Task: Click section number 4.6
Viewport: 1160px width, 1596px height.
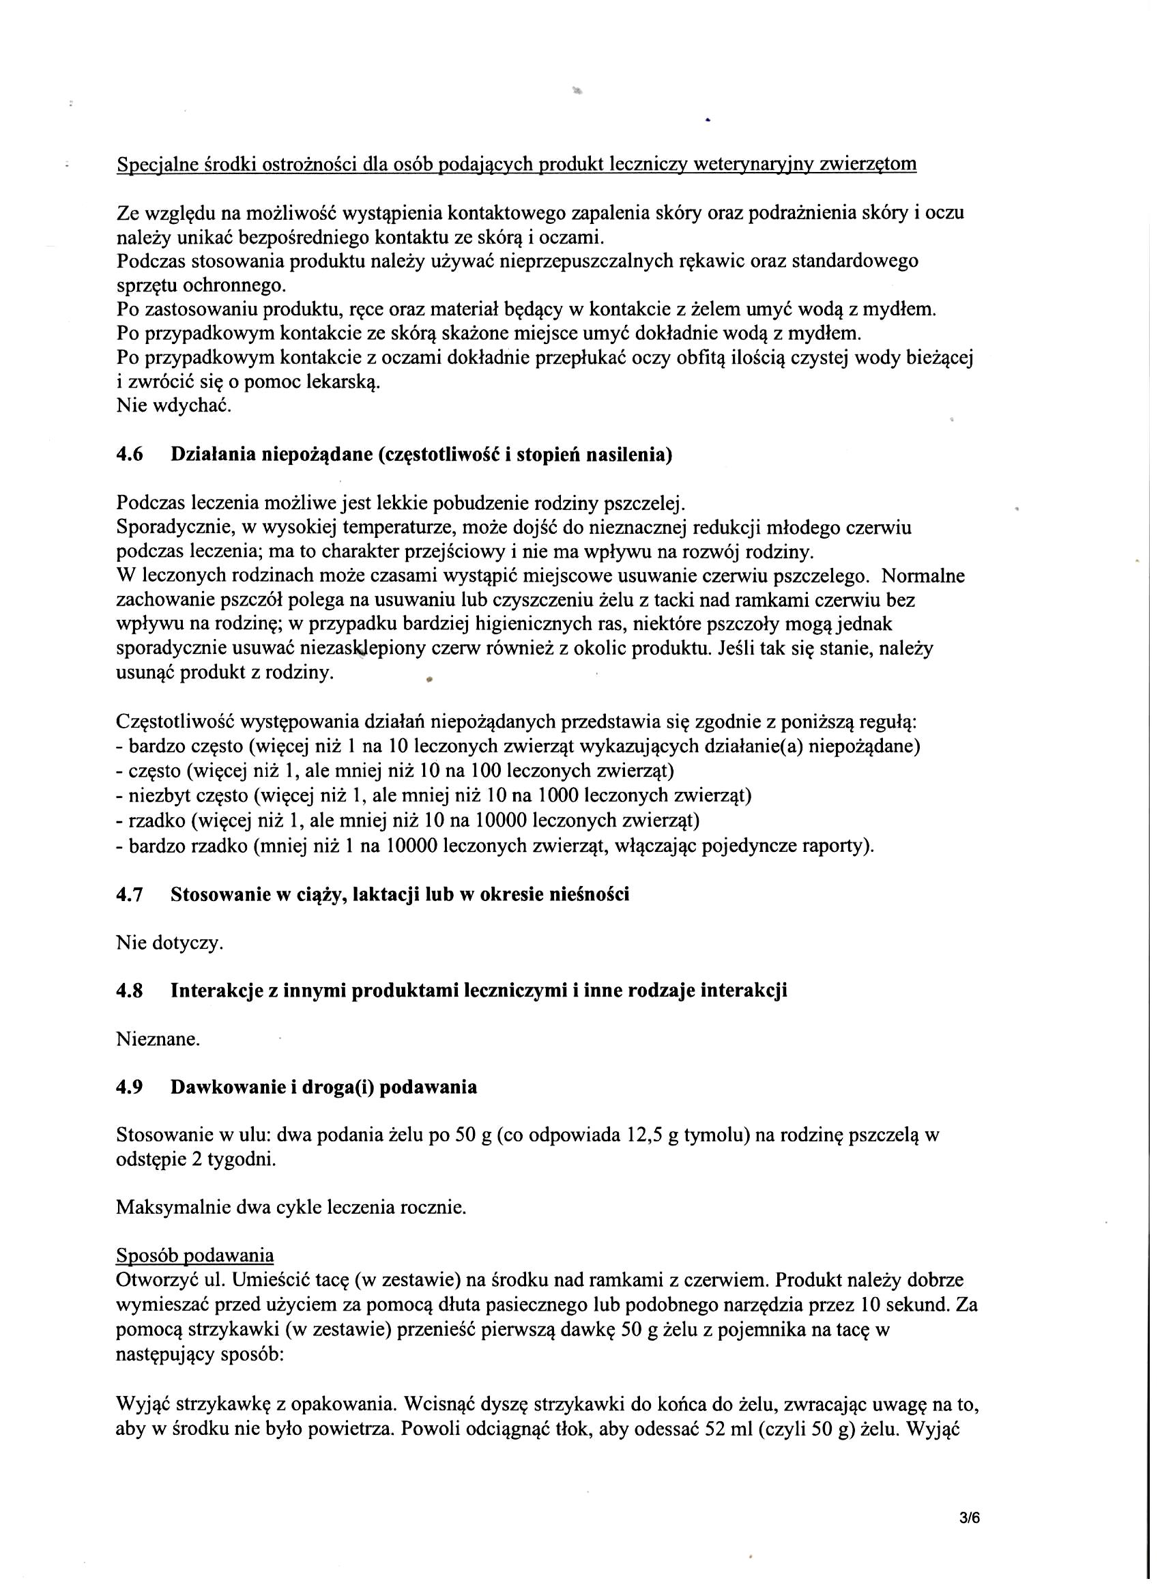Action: pyautogui.click(x=130, y=455)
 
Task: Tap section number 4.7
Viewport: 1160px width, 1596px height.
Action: pyautogui.click(x=130, y=894)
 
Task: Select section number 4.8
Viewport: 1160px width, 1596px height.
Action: pyautogui.click(x=130, y=991)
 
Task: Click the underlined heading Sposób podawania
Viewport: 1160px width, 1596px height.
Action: pyautogui.click(x=195, y=1256)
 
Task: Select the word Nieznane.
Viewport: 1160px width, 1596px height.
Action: pyautogui.click(x=158, y=1040)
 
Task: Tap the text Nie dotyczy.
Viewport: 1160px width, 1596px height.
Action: pyautogui.click(x=169, y=943)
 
